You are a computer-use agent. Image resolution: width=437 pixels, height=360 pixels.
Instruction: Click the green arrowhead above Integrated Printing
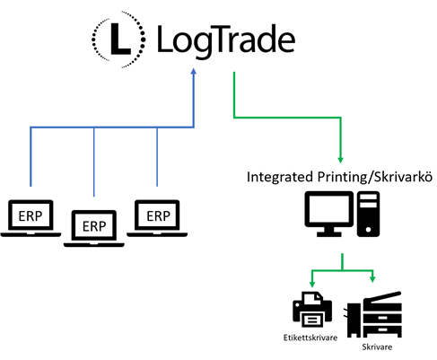[340, 156]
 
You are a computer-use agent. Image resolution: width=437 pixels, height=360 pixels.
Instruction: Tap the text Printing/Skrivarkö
[372, 176]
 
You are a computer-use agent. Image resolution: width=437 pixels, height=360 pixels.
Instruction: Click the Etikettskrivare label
[309, 338]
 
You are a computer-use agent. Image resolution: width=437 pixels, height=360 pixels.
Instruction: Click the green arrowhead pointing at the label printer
[310, 283]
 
